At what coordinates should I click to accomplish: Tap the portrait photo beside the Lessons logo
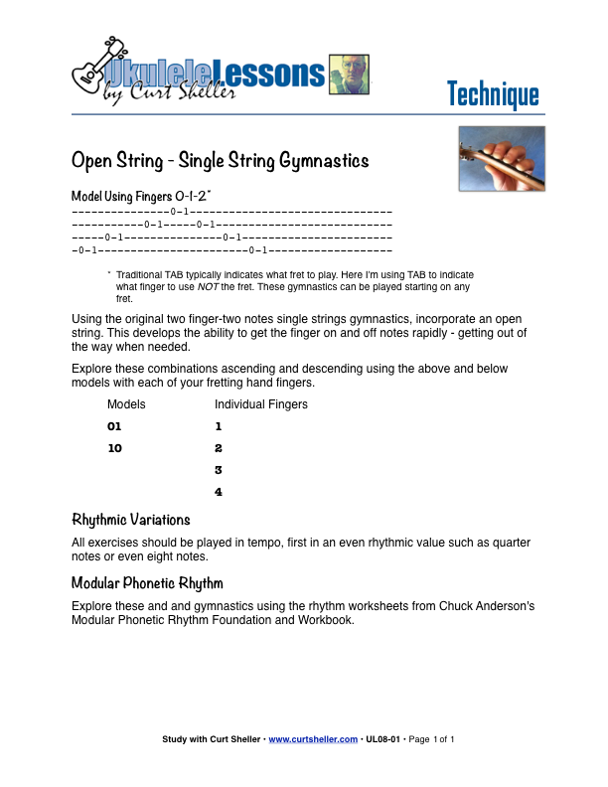pos(349,76)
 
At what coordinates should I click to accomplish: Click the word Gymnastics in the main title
pos(317,160)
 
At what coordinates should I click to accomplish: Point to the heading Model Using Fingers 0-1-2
pos(141,196)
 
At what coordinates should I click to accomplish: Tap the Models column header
pos(126,404)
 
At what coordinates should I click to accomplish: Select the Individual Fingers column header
pos(261,404)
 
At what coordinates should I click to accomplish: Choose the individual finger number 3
pos(219,470)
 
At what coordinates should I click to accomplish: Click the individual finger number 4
pos(219,492)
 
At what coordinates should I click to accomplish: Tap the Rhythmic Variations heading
pos(131,520)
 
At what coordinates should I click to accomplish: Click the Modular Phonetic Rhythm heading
pos(147,582)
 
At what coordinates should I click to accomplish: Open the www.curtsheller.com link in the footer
pos(313,740)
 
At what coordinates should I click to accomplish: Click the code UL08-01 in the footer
pos(383,740)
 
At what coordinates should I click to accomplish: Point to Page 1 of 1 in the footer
pos(431,740)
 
